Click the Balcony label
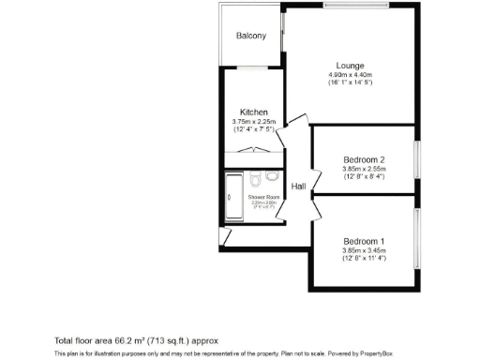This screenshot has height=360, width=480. pos(250,36)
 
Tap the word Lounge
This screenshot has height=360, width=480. pos(351,66)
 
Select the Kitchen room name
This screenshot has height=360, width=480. pos(254,112)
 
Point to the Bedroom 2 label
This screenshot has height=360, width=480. pos(365,159)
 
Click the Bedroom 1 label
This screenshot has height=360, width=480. pos(365,241)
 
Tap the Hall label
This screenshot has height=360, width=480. pos(299,187)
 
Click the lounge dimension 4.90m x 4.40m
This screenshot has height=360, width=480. pos(351,75)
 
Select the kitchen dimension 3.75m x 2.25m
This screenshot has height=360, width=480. pos(254,121)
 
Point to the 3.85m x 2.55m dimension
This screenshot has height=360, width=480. pos(365,169)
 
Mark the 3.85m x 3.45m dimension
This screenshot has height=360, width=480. pos(365,250)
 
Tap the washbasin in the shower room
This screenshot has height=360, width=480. pos(273,175)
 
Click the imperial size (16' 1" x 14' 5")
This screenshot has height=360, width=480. pos(351,83)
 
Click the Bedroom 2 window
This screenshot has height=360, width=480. pos(417,159)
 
